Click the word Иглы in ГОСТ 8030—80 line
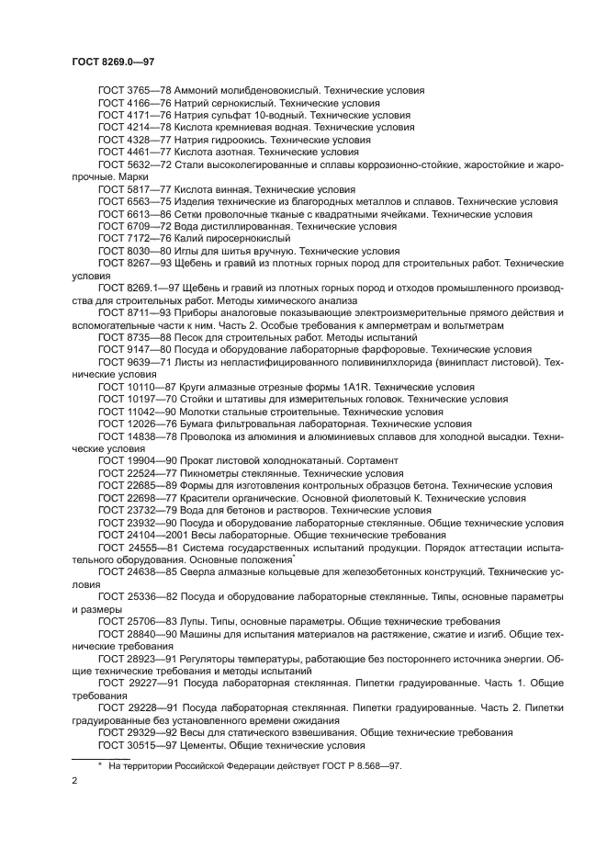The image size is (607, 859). coord(187,250)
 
